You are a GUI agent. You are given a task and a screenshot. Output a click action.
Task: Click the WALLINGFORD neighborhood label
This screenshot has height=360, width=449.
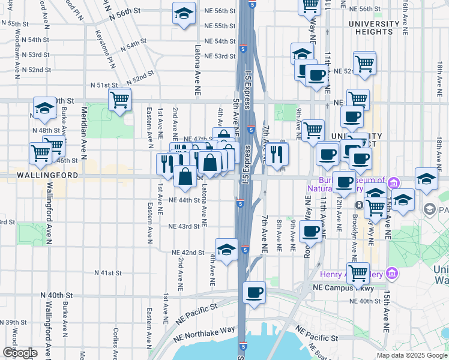tap(40, 175)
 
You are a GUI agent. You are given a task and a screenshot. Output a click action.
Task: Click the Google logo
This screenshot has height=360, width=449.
tap(19, 353)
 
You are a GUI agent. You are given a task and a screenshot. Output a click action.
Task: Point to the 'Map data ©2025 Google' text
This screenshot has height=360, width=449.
tap(411, 355)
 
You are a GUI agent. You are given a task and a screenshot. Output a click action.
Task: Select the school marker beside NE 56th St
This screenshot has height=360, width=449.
tap(184, 14)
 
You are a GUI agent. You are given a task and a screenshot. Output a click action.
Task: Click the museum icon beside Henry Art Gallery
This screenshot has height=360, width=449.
tap(392, 274)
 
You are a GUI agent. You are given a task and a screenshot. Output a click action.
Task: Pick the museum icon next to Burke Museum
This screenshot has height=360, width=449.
tap(393, 183)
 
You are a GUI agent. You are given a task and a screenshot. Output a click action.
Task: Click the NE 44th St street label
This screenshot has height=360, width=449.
tap(184, 200)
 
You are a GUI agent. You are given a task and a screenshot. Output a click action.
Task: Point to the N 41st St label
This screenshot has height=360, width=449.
tap(108, 272)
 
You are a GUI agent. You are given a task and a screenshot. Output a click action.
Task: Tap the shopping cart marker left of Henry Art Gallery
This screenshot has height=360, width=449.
tap(358, 273)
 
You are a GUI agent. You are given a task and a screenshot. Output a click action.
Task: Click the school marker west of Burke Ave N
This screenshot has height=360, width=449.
tap(44, 108)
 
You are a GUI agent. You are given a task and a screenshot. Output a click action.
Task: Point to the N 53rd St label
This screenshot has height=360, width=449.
tap(35, 55)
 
